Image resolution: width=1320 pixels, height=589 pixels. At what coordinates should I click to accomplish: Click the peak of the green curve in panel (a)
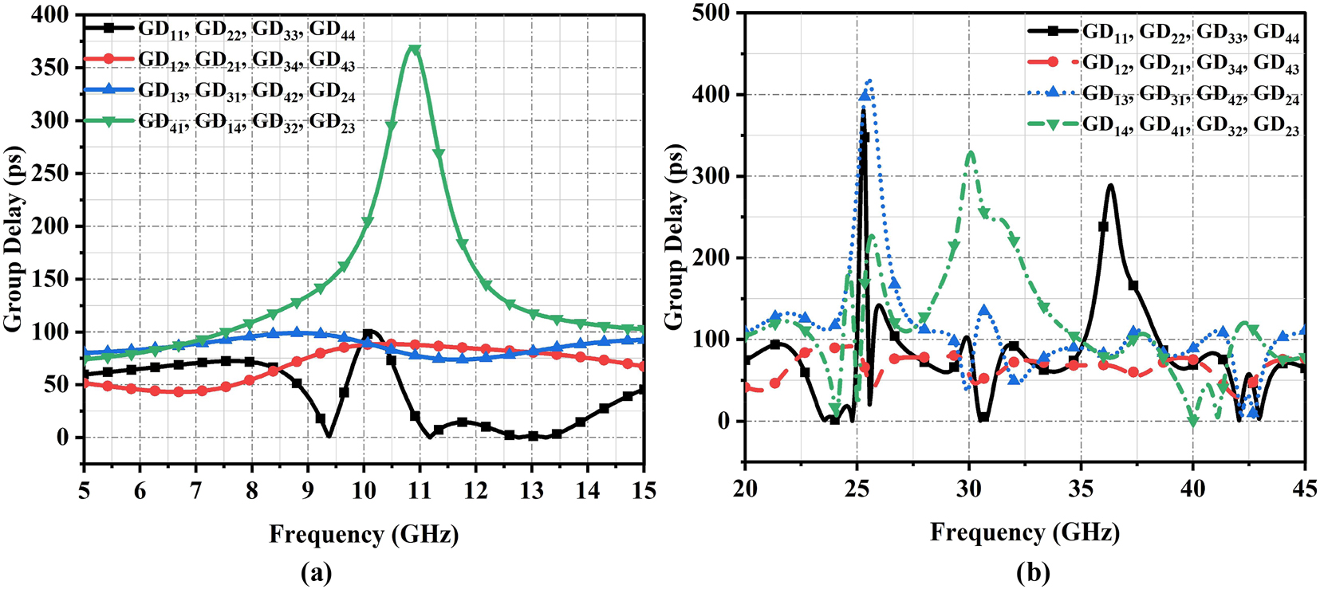413,49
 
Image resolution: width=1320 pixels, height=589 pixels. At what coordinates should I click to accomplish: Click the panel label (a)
316,572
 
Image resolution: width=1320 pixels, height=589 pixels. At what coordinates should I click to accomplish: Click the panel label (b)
1034,572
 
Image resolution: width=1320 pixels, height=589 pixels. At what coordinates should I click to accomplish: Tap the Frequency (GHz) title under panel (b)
1025,532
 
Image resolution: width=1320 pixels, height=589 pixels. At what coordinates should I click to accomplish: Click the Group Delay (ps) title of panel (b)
675,237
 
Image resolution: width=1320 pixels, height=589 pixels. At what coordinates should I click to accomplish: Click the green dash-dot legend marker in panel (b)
1054,123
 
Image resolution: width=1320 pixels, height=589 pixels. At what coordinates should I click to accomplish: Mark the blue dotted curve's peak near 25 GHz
869,80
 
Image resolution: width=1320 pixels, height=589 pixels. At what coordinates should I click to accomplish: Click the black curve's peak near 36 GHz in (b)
1109,186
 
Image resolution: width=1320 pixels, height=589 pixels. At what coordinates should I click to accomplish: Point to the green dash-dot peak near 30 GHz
970,151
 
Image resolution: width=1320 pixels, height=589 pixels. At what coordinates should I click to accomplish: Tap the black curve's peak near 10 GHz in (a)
369,332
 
